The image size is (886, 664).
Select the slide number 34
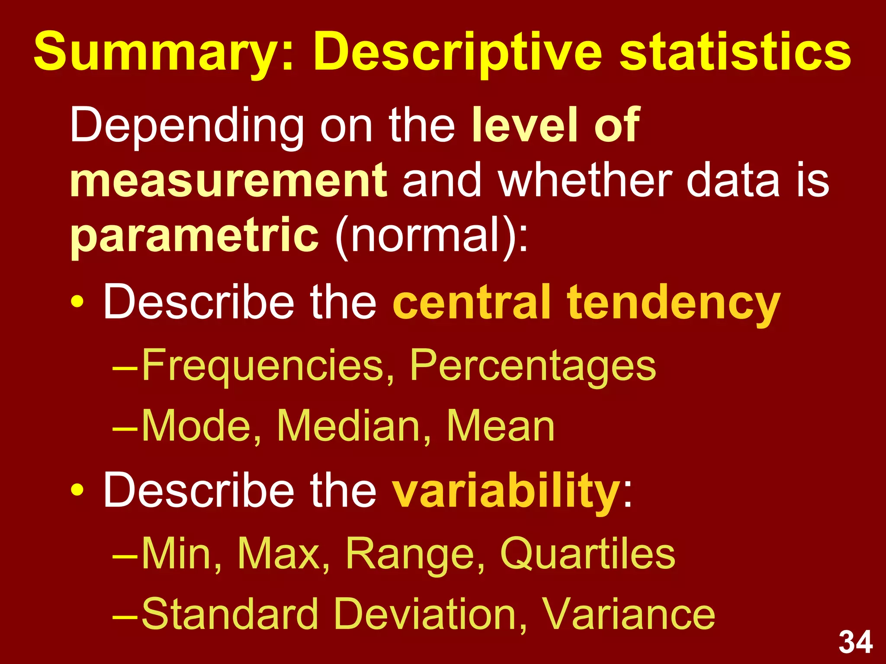tap(855, 642)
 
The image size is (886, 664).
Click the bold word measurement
tap(228, 180)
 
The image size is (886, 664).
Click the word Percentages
tap(533, 366)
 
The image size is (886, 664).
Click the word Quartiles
tap(587, 554)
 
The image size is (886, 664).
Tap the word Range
tap(415, 554)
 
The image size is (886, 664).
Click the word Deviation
tap(431, 614)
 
